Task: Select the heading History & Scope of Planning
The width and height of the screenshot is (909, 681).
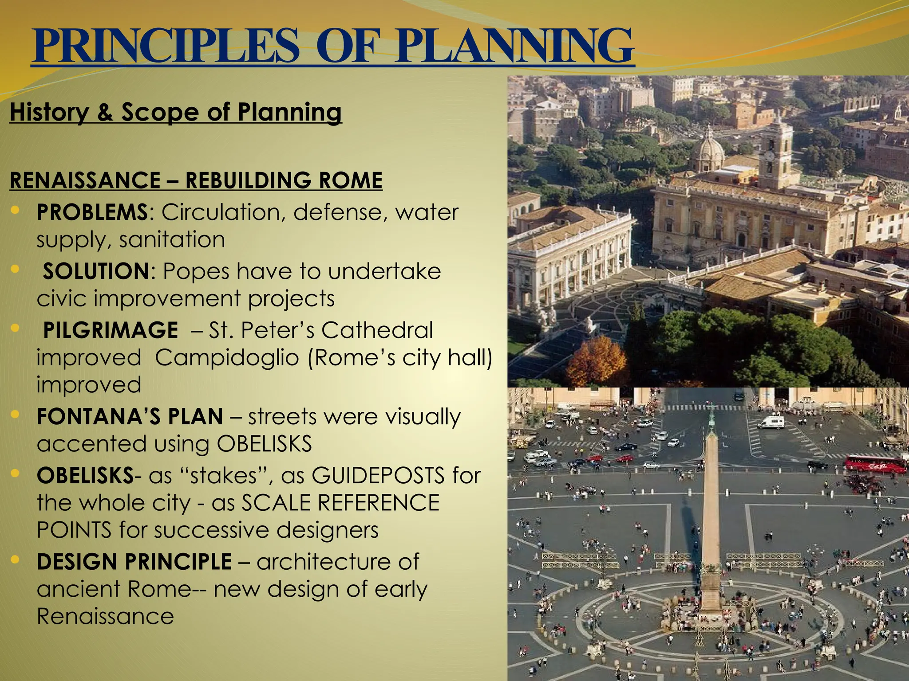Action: coord(176,112)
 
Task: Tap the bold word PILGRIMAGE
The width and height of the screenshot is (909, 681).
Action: coord(111,330)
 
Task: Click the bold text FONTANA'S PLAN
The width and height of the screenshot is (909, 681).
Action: coord(130,417)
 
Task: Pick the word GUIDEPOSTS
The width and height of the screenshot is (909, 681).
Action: coord(378,476)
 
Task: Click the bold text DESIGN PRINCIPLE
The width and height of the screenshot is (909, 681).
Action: coord(134,562)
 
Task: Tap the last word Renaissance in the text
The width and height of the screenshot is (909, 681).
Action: coord(105,617)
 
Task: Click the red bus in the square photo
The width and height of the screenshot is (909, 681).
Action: coord(874,464)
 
